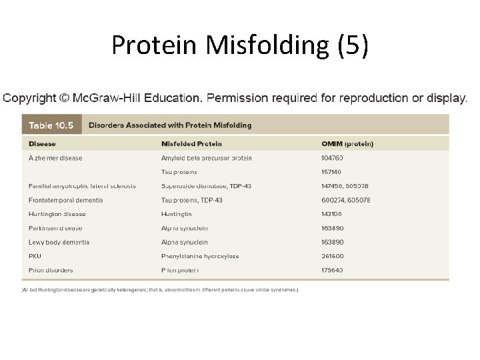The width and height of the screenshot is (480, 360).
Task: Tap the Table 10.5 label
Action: coord(50,125)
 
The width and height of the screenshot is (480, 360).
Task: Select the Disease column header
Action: coord(43,143)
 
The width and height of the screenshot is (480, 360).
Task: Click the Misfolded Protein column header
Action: coord(191,143)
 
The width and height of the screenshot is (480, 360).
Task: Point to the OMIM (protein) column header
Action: coord(347,143)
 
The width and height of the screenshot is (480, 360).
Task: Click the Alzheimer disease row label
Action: coord(56,158)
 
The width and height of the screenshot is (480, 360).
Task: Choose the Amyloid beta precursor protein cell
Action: coord(206,158)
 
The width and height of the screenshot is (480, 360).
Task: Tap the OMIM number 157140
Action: coord(332,172)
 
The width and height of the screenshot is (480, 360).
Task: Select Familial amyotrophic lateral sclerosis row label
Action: coord(82,186)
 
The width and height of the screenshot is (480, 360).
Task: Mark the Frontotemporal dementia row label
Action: coord(66,200)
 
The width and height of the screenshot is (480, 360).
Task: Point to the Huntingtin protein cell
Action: coord(176,214)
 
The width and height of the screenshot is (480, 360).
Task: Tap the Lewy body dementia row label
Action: coord(59,242)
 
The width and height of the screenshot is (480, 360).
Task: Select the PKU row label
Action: coord(35,256)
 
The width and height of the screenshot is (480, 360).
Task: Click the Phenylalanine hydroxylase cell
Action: coord(200,256)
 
